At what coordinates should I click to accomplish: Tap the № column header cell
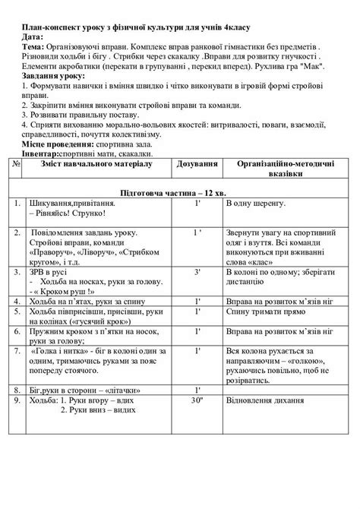(17, 163)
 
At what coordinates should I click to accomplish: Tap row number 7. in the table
(17, 350)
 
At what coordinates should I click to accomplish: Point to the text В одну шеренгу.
(257, 204)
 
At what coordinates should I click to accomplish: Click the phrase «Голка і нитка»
(58, 350)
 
